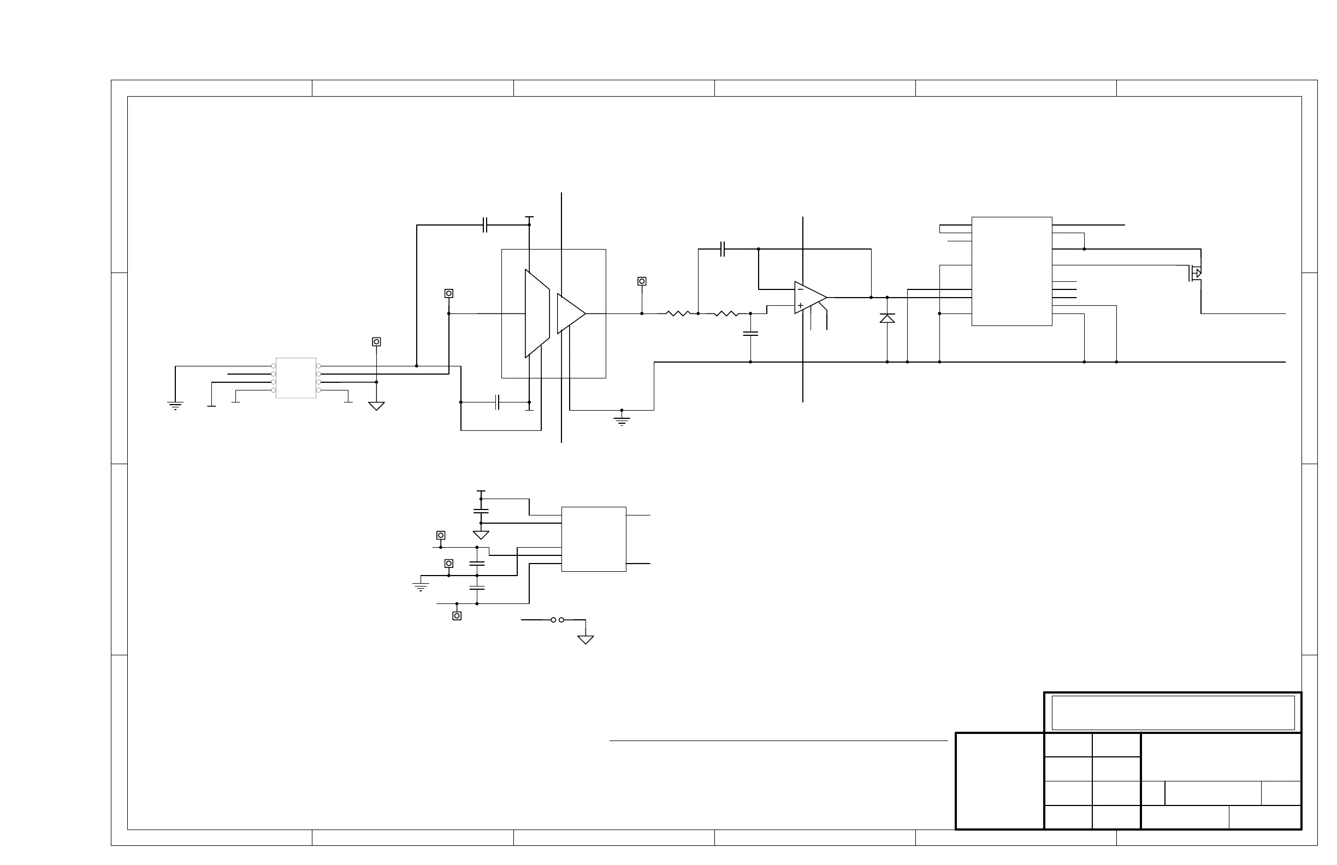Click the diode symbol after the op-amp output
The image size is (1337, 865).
[x=887, y=318]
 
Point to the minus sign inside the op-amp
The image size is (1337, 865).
[x=801, y=290]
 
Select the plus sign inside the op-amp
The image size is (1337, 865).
[x=801, y=306]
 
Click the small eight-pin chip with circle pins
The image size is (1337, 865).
[x=296, y=378]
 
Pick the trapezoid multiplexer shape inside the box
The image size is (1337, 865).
[x=537, y=313]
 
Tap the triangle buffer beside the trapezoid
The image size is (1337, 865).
[x=570, y=313]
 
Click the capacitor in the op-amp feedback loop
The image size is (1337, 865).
[x=723, y=249]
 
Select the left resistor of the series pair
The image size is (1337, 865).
[x=677, y=313]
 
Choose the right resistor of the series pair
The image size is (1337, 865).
[x=726, y=313]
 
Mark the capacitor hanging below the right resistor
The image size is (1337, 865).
[x=750, y=334]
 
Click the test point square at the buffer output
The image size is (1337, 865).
[x=642, y=281]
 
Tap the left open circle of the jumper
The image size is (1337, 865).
[x=553, y=620]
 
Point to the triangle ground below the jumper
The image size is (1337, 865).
[x=585, y=639]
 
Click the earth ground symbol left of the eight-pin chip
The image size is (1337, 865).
[x=175, y=406]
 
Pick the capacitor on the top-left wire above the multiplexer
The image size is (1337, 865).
[x=486, y=225]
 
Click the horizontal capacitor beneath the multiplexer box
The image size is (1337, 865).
[x=497, y=402]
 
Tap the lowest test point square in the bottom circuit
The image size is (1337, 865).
[x=457, y=616]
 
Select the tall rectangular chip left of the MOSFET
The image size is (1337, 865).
[x=1011, y=271]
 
